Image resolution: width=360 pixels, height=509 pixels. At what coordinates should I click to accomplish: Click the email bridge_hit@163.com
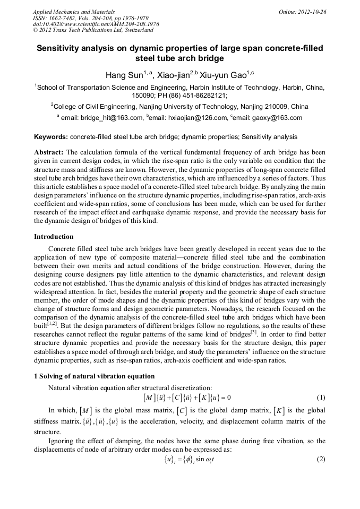(x=110, y=118)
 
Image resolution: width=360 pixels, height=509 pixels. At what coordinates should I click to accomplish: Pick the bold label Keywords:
(x=51, y=137)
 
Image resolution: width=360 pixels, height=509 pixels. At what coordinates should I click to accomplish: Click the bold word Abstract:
(x=49, y=151)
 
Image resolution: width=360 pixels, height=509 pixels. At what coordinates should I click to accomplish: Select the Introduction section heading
(x=54, y=236)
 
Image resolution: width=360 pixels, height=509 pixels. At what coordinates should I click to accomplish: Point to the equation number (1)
(x=320, y=398)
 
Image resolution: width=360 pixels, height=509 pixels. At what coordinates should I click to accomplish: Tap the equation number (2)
(x=320, y=459)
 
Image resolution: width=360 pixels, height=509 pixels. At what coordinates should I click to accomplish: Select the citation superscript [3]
(x=254, y=333)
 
